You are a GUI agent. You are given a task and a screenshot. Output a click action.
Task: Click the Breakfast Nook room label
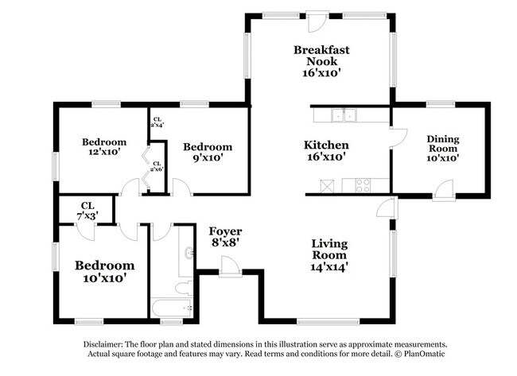coord(321,60)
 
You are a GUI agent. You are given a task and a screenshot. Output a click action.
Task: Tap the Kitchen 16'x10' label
coord(326,151)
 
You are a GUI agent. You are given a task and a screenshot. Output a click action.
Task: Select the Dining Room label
coord(443,148)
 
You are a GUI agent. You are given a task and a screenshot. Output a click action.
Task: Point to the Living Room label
coord(328,254)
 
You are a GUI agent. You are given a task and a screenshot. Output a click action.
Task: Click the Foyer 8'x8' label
coord(226,238)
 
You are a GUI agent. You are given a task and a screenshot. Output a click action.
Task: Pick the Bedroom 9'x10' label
coord(208,152)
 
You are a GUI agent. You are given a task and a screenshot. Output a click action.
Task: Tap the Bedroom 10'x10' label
coord(104,271)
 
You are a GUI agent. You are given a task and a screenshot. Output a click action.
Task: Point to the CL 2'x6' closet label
coord(157,166)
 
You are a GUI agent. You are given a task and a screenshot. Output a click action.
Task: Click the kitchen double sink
coord(344,116)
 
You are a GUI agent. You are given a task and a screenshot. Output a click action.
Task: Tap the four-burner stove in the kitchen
coord(362,185)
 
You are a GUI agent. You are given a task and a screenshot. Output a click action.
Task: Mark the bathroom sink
coord(189,253)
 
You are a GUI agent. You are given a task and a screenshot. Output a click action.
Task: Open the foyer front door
coord(231,269)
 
